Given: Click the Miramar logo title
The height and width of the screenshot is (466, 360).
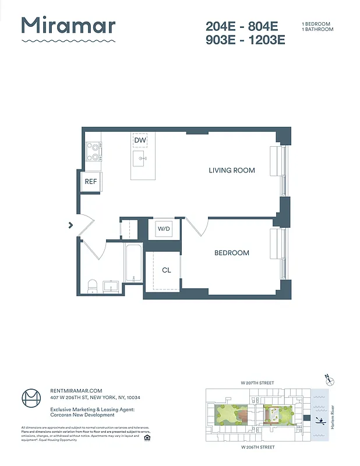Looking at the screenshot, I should (68, 26).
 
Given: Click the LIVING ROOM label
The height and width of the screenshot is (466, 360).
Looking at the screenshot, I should (232, 171).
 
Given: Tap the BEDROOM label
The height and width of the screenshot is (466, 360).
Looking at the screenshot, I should (231, 253).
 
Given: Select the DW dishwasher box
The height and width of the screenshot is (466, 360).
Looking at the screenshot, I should (140, 140).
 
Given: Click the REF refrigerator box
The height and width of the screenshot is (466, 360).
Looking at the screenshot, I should (91, 182).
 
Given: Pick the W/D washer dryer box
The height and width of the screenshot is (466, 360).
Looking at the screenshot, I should (164, 229).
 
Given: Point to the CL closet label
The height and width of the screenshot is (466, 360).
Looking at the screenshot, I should (167, 270).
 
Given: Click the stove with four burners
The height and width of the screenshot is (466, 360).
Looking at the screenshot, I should (93, 152).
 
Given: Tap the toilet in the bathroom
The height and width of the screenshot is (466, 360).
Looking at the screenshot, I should (91, 286).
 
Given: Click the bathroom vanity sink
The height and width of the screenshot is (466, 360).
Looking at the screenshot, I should (111, 286).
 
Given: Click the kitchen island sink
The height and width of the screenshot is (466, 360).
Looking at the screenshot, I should (139, 158).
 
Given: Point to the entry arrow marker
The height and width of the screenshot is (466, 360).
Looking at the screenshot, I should (70, 224).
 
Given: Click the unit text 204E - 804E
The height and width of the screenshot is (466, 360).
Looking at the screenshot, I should (242, 26).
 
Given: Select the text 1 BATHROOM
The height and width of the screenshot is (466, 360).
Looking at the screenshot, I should (317, 29).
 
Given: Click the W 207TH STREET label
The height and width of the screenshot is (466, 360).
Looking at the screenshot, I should (257, 383).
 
